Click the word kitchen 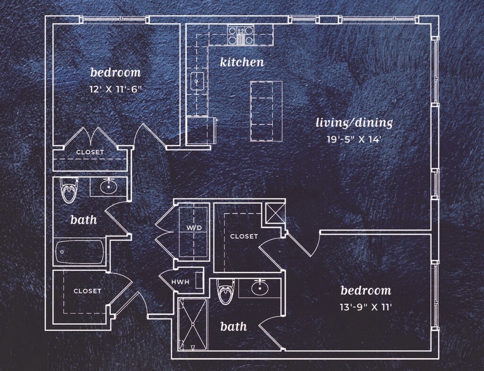click(242, 62)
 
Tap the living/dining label click(354, 124)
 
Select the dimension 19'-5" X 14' click(354, 140)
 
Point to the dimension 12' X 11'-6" click(116, 88)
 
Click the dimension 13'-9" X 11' click(366, 307)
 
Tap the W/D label click(194, 228)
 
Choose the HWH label click(180, 282)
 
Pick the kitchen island click(266, 111)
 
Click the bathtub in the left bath click(80, 252)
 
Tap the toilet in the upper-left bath click(69, 190)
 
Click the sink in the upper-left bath click(109, 186)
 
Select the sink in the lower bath click(259, 287)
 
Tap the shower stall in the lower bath click(193, 325)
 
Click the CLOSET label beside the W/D click(244, 236)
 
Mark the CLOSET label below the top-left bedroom click(90, 152)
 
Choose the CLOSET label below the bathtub click(87, 291)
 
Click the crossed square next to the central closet click(275, 212)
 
